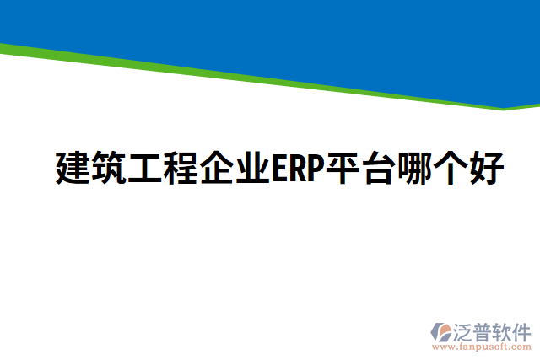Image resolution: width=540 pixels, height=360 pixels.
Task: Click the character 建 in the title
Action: (x=73, y=169)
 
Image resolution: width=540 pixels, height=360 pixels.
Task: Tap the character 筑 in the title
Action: (x=109, y=169)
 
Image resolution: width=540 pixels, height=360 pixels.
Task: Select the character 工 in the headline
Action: (x=145, y=169)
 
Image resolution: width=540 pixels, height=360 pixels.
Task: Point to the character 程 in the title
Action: (x=181, y=169)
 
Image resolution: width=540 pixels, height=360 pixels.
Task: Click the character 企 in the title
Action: (x=218, y=169)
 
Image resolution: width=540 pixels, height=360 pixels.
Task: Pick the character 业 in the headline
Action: (x=253, y=169)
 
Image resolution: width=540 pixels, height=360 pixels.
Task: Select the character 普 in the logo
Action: (x=484, y=330)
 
